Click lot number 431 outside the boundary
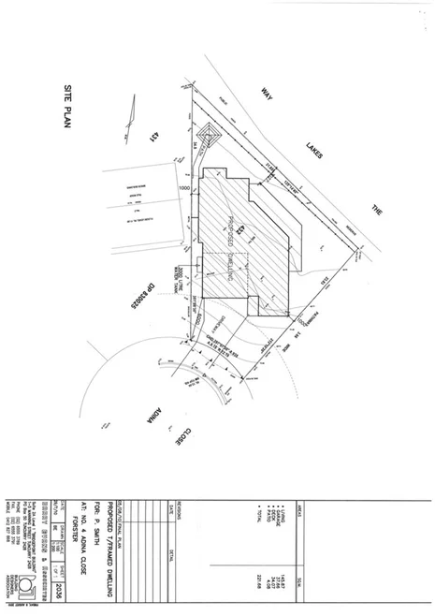coord(150,139)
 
